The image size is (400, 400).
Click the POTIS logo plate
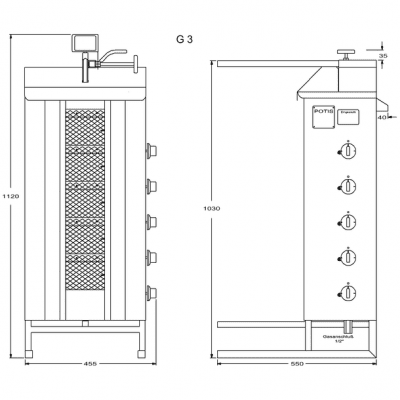point(323,114)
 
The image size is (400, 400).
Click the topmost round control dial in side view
point(346,151)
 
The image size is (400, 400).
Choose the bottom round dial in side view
point(346,292)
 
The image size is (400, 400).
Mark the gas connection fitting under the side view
point(347,327)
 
